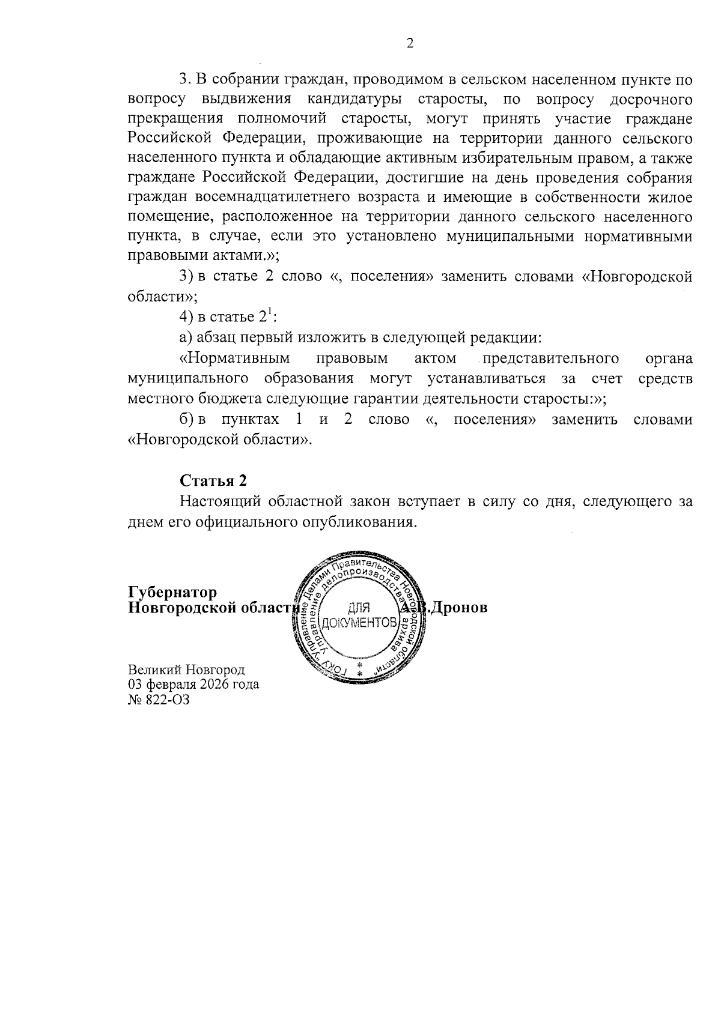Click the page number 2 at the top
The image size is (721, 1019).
410,43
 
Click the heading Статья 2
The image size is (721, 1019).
213,480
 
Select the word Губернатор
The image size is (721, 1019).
173,593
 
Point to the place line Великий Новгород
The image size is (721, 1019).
186,670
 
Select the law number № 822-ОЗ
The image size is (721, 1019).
159,699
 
